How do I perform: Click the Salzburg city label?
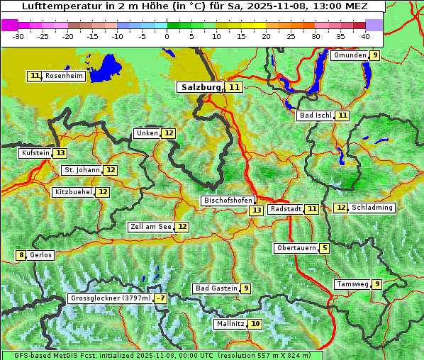[200, 87]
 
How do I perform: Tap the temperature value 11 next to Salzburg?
[235, 87]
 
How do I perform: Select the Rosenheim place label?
[64, 76]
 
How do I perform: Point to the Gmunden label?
[350, 55]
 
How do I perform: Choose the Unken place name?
[147, 133]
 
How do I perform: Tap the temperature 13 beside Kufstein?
[60, 153]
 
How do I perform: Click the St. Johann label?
[82, 170]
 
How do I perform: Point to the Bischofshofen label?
[227, 201]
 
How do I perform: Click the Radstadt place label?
[286, 209]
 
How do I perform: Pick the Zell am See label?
[151, 227]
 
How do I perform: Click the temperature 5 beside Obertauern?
[324, 248]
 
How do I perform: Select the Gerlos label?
[41, 255]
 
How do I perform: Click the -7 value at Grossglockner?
[162, 299]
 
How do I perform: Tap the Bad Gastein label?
[216, 288]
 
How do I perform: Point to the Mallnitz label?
[230, 324]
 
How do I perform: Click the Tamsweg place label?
[352, 284]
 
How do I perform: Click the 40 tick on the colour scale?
[364, 35]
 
